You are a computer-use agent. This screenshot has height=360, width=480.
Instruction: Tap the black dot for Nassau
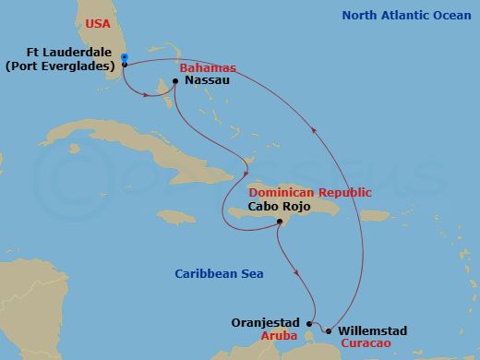pyautogui.click(x=175, y=81)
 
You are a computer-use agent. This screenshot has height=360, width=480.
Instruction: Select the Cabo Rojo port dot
pyautogui.click(x=279, y=221)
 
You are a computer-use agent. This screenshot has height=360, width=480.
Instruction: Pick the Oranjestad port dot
pyautogui.click(x=309, y=323)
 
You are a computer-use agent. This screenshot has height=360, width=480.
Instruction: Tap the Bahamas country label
pyautogui.click(x=208, y=68)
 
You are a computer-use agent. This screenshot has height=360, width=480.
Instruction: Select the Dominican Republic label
pyautogui.click(x=309, y=192)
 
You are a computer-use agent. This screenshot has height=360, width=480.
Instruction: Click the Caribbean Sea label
pyautogui.click(x=219, y=273)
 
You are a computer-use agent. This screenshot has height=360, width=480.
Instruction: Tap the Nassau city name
pyautogui.click(x=207, y=81)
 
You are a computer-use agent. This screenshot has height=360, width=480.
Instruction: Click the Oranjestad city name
pyautogui.click(x=268, y=323)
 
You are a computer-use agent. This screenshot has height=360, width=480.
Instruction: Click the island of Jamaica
pyautogui.click(x=174, y=217)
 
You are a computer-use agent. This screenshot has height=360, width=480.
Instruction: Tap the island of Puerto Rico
pyautogui.click(x=374, y=215)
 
